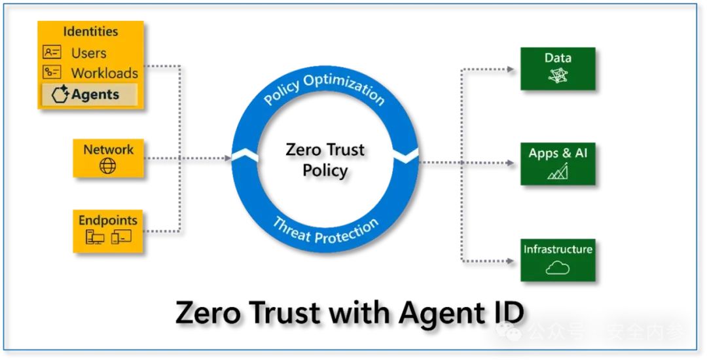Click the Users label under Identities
(x=89, y=53)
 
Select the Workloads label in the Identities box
(x=105, y=73)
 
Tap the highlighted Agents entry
(x=89, y=95)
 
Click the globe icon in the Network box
(x=108, y=166)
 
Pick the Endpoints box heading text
(x=108, y=221)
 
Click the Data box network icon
(x=558, y=75)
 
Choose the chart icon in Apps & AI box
(x=558, y=171)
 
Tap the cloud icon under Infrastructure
(x=558, y=268)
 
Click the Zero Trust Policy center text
(x=325, y=160)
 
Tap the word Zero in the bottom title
(x=208, y=312)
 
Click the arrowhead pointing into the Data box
(x=511, y=69)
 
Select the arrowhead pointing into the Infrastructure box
(x=511, y=261)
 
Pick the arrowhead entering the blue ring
(x=228, y=158)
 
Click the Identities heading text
(x=90, y=31)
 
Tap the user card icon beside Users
(x=52, y=52)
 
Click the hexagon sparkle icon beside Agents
(x=60, y=95)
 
